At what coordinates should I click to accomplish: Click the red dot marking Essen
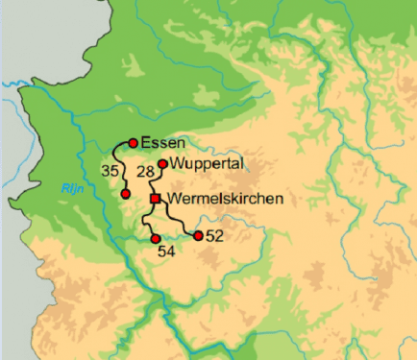(133, 143)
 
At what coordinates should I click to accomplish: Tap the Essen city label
(161, 143)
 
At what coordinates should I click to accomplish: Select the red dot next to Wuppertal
(163, 164)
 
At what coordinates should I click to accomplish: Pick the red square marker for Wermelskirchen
(155, 199)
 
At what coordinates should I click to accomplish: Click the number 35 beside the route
(110, 170)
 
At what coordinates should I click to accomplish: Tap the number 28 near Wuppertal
(145, 172)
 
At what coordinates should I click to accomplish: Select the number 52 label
(214, 235)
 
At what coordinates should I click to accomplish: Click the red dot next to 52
(199, 235)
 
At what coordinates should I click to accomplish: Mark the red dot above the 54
(155, 238)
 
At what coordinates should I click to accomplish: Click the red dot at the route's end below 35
(126, 194)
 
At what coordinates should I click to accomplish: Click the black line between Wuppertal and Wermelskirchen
(158, 182)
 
